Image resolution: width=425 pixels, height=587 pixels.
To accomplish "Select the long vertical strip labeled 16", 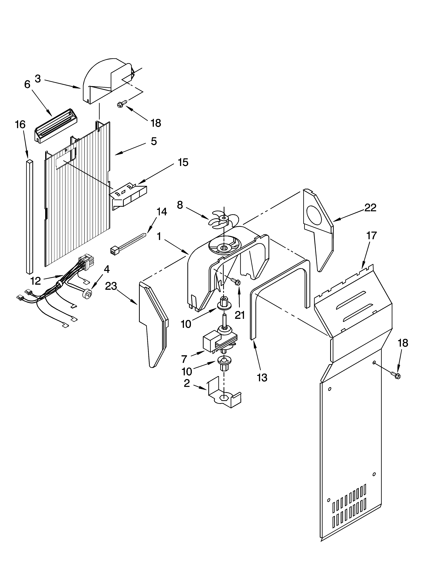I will coord(29,216).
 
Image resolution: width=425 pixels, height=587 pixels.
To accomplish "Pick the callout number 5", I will coord(154,141).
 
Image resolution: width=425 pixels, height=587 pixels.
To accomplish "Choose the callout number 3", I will coord(38,79).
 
